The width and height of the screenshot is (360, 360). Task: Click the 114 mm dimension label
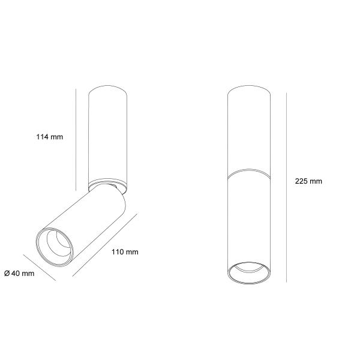pos(49,137)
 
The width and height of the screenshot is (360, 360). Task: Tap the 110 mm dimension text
pos(125,252)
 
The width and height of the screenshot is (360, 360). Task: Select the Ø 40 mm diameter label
pos(19,274)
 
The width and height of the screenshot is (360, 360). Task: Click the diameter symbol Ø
pos(7,274)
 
